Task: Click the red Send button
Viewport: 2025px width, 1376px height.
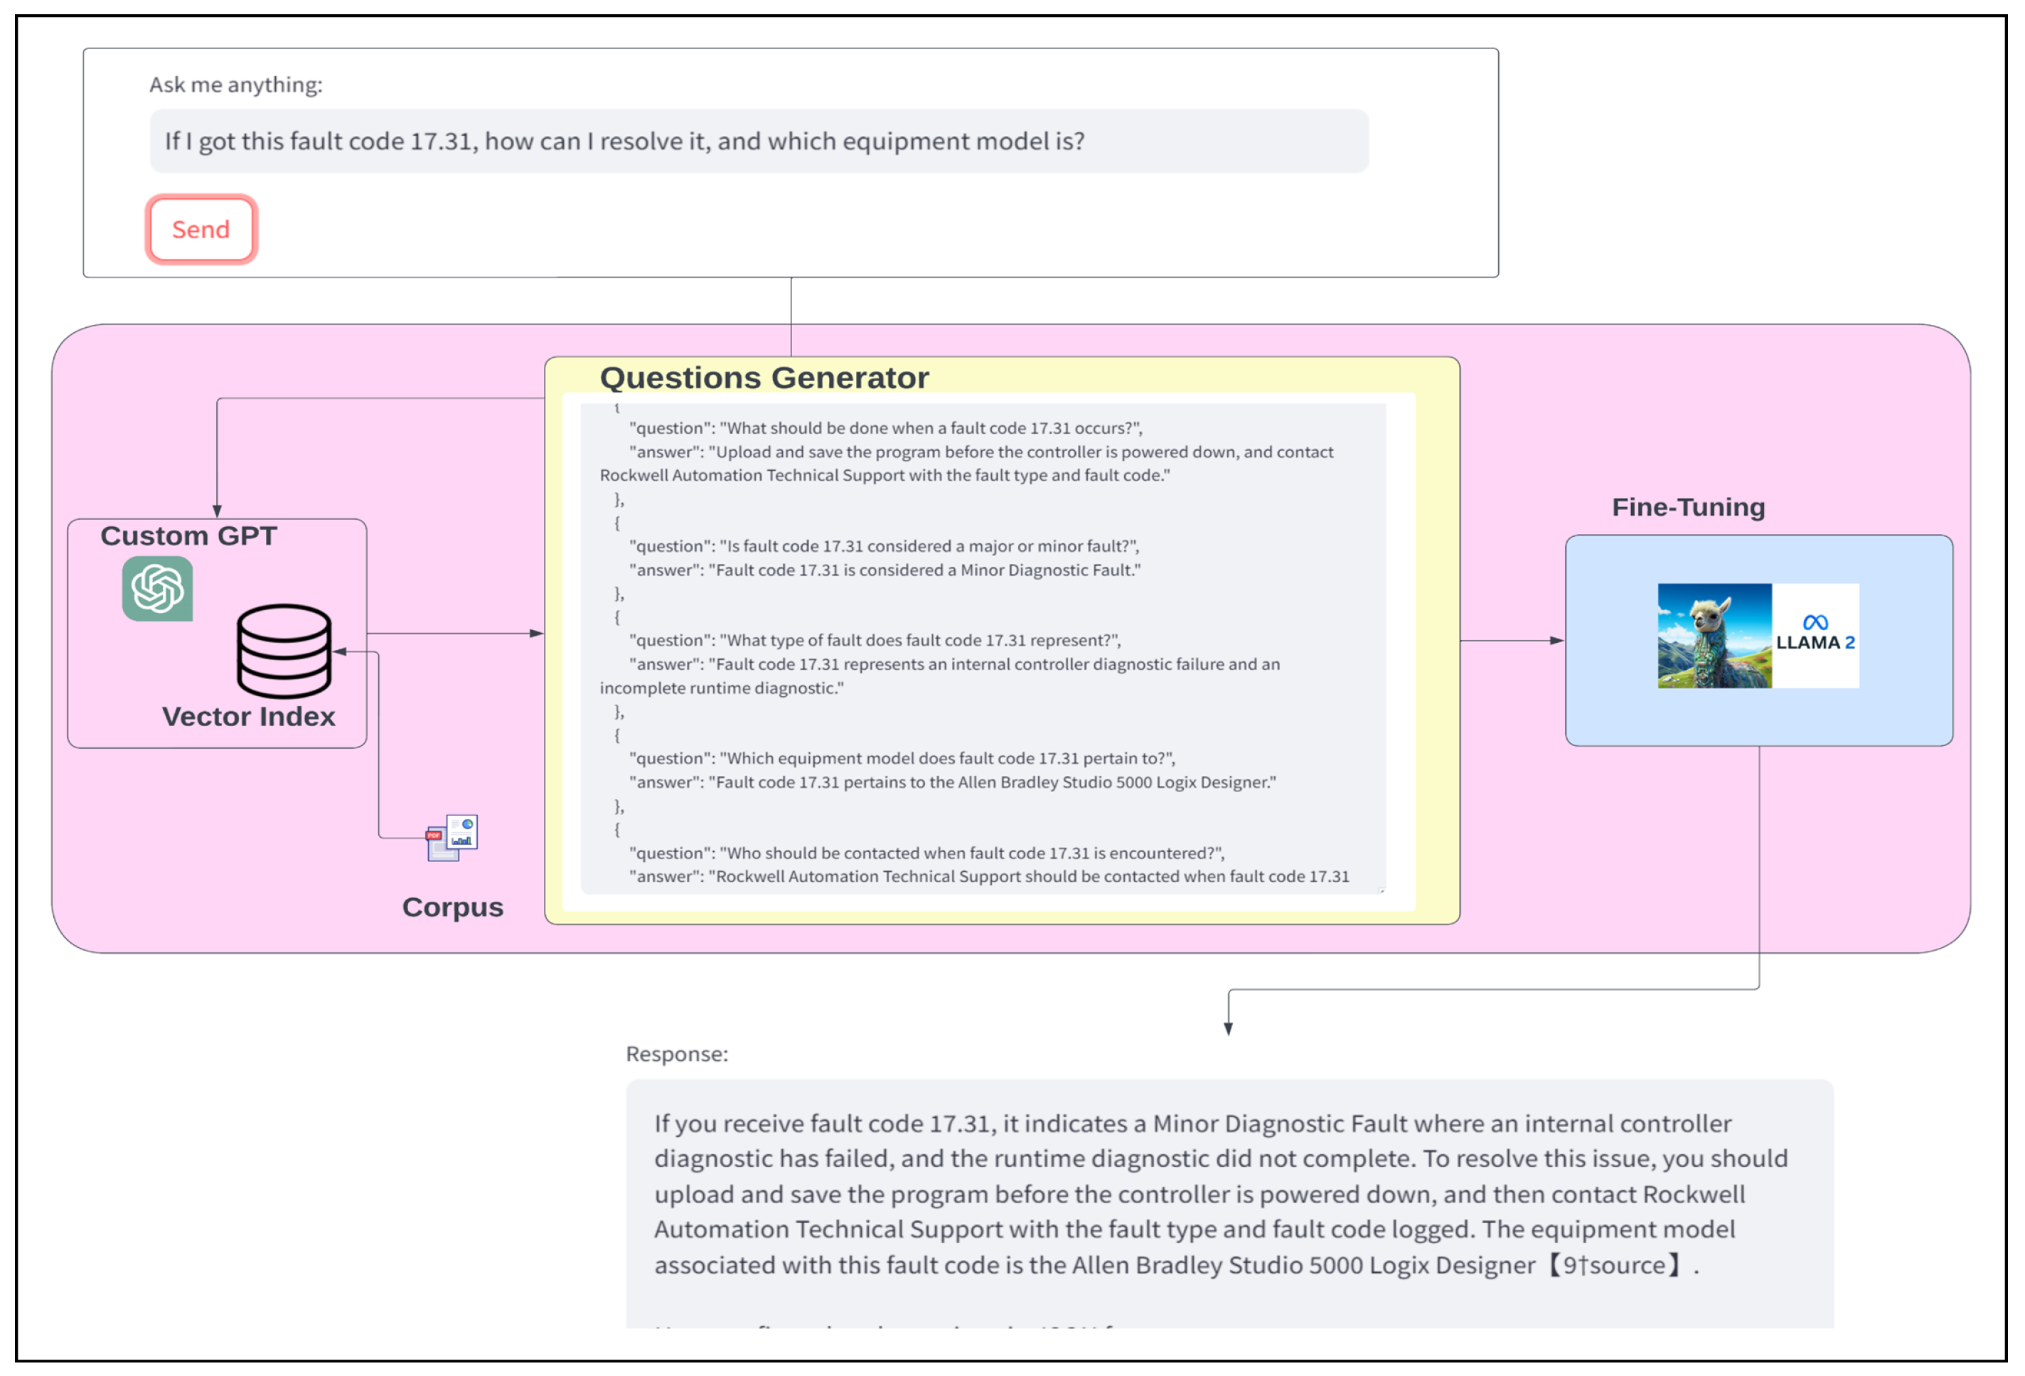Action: click(201, 229)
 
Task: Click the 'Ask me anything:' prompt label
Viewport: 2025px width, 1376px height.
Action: click(235, 85)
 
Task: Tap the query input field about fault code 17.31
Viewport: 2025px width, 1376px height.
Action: click(758, 142)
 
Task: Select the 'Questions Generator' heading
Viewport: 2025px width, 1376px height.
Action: click(764, 378)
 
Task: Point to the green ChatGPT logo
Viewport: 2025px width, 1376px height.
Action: click(158, 589)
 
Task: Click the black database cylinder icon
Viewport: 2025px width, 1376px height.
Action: click(284, 650)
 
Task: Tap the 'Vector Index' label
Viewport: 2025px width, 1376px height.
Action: click(248, 716)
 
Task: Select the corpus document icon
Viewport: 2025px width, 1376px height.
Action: click(452, 838)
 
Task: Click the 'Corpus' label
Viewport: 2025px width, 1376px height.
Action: click(452, 907)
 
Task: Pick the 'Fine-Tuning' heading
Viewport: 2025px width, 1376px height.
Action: click(1688, 507)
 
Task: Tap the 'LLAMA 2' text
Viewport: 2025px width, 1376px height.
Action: click(1815, 643)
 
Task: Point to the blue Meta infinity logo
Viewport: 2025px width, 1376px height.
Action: click(1815, 622)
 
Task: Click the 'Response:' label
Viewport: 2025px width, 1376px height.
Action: click(676, 1055)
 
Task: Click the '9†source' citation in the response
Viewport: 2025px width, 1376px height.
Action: click(1614, 1265)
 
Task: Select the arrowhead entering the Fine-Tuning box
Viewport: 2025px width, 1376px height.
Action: click(1557, 641)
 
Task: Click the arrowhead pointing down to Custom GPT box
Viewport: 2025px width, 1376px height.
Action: click(217, 511)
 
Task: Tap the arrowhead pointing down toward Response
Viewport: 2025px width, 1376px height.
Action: click(1228, 1028)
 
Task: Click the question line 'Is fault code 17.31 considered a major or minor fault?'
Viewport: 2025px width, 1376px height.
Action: click(884, 546)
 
